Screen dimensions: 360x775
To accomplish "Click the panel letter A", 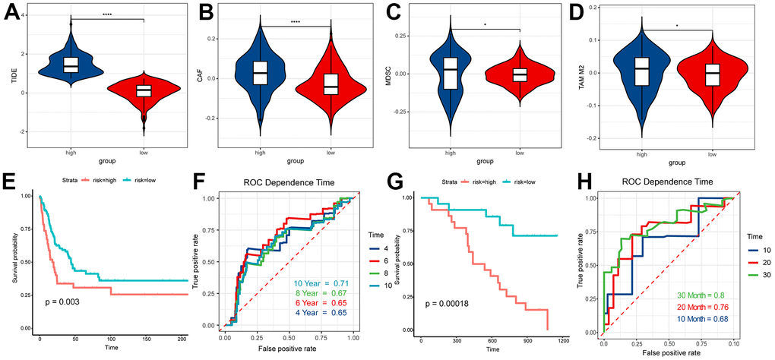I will pos(12,13).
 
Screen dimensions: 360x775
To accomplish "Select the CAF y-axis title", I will pos(205,77).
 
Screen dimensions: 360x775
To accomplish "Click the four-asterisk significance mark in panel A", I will pos(107,14).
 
